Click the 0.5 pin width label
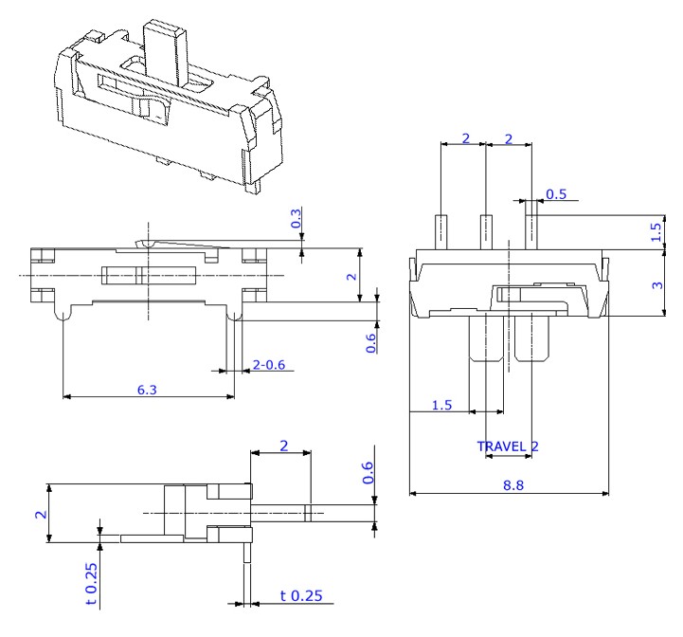(557, 194)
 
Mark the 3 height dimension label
(658, 283)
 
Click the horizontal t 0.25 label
(301, 596)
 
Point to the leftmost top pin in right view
(441, 229)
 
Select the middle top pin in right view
(486, 229)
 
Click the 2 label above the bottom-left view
(281, 445)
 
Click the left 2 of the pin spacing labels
(464, 137)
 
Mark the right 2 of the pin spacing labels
(509, 137)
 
